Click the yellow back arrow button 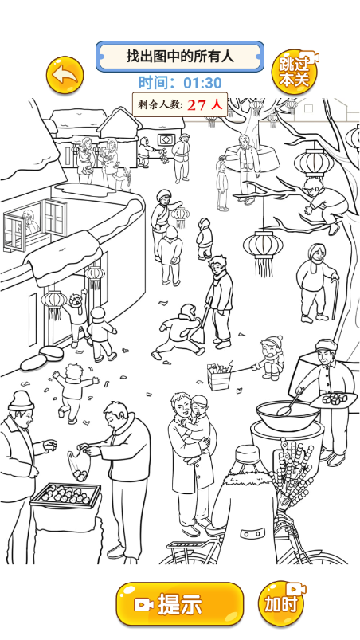click(65, 75)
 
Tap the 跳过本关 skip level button click(295, 73)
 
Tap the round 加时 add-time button click(281, 603)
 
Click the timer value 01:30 click(202, 83)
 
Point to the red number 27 click(197, 105)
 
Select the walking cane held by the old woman click(335, 299)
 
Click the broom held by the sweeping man click(200, 327)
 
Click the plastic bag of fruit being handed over click(79, 465)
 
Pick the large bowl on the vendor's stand click(288, 415)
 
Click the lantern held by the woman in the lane click(180, 218)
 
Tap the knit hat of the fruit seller click(21, 401)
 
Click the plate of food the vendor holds click(334, 399)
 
